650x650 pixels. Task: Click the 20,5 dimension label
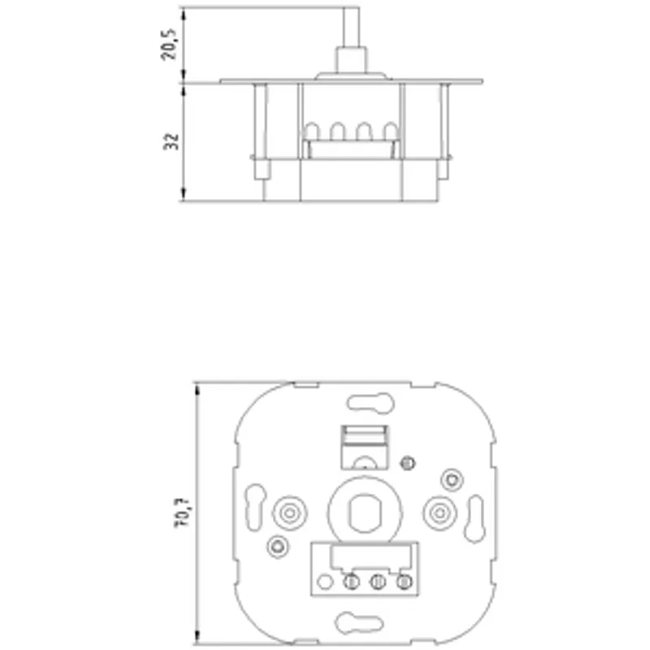pyautogui.click(x=168, y=45)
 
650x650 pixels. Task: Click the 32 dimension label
pyautogui.click(x=171, y=141)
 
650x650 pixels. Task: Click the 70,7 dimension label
pyautogui.click(x=181, y=513)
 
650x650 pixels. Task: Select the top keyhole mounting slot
pyautogui.click(x=370, y=402)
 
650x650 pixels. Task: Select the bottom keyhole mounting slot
pyautogui.click(x=359, y=623)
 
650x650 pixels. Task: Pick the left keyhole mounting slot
pyautogui.click(x=255, y=507)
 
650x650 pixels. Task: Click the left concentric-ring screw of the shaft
pyautogui.click(x=290, y=513)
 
